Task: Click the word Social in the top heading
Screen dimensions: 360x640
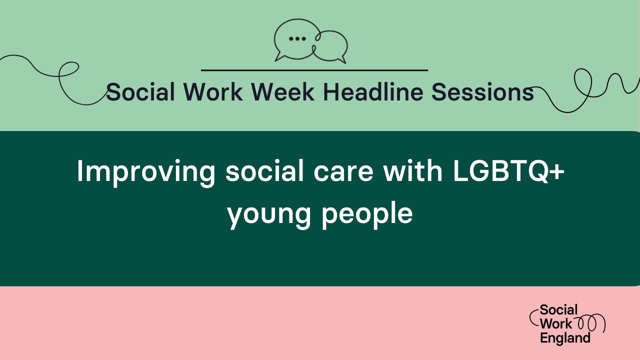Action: [140, 92]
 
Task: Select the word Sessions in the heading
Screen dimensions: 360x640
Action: [482, 92]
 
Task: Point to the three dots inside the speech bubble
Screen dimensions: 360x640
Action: [297, 38]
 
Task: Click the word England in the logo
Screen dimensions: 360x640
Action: [565, 338]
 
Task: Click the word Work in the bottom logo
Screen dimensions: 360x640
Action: [555, 324]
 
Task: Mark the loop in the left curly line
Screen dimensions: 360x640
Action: [68, 71]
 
